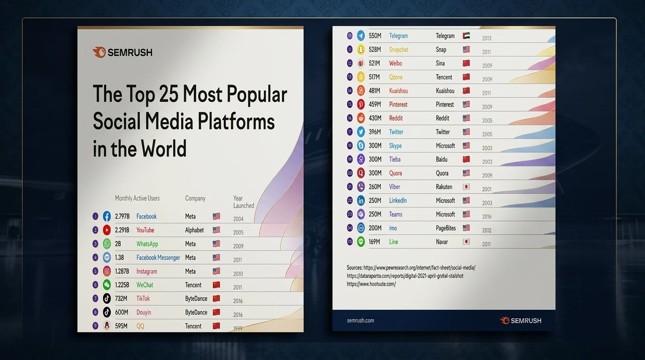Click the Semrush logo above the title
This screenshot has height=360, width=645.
123,52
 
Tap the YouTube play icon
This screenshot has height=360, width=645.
106,230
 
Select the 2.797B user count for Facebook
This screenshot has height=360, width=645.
122,216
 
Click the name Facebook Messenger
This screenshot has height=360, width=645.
158,257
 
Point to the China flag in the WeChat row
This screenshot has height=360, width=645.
216,285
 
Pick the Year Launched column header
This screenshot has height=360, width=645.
243,202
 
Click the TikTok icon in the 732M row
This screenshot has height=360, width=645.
106,299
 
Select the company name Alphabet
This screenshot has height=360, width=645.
195,230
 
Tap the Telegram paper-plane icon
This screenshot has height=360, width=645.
361,36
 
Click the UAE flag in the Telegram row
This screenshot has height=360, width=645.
466,36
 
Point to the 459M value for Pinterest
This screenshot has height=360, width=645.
375,104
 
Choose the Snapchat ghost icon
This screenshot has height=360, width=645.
361,50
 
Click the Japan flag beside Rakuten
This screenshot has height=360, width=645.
466,187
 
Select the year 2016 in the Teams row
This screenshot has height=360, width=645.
487,217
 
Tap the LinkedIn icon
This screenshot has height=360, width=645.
361,201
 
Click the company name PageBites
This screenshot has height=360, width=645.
446,228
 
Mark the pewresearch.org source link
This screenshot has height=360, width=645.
419,268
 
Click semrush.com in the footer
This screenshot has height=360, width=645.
360,320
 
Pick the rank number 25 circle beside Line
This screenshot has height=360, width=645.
350,241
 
